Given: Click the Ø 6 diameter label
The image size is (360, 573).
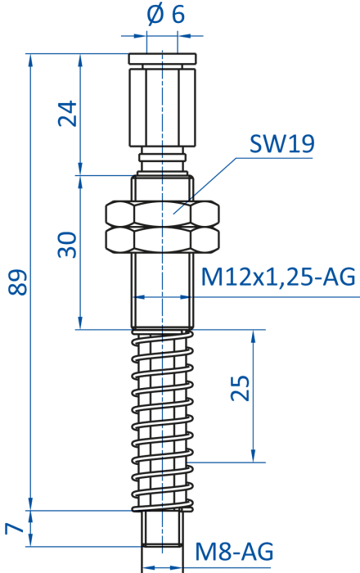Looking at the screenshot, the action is [166, 15].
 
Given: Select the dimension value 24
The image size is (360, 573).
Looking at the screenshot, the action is [68, 113].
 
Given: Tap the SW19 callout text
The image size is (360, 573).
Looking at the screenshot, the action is [281, 144].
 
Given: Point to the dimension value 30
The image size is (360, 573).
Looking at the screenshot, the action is [68, 245].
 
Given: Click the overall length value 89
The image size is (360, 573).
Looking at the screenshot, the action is [17, 282].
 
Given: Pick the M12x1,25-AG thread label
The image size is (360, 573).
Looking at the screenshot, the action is [278, 277].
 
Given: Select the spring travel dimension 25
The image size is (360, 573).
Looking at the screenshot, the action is [241, 388].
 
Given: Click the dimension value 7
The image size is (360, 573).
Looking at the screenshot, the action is [14, 528].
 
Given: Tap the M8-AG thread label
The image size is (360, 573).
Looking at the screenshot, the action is [234, 551].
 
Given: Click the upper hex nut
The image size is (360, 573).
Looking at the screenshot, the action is [163, 214].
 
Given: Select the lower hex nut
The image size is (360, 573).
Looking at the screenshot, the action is [163, 239].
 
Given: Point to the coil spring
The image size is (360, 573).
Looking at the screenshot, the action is [163, 420].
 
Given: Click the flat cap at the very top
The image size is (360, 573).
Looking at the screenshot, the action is [163, 58].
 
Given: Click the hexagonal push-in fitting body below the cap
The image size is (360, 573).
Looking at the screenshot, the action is [163, 106].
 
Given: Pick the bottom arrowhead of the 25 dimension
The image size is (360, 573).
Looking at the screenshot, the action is [253, 456].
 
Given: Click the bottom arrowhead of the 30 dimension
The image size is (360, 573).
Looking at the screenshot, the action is [81, 323].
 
